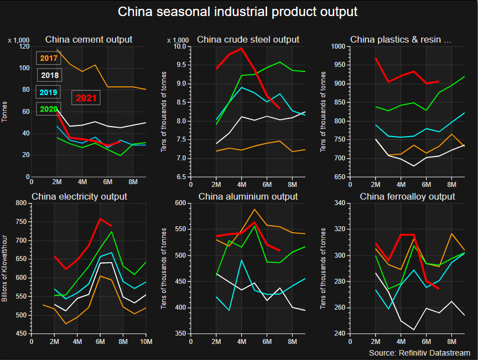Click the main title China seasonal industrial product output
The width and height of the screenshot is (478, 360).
(238, 12)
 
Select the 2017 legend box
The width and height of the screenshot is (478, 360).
(49, 58)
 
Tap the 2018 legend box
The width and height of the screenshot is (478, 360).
(49, 75)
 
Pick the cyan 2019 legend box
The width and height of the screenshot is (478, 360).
(49, 92)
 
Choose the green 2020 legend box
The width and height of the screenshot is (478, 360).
(49, 109)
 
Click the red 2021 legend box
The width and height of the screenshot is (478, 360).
(86, 98)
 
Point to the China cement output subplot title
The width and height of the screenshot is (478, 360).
(89, 39)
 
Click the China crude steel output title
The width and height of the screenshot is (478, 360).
(248, 39)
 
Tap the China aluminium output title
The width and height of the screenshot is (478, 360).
(248, 196)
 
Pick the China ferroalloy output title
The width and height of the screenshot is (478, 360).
(407, 196)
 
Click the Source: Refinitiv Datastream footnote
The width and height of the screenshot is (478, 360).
(419, 353)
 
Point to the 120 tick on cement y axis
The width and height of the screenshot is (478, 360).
(23, 46)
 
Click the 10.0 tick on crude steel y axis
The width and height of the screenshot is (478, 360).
(181, 46)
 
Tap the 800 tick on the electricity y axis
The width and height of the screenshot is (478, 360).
(21, 203)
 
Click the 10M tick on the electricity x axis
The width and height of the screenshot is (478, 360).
(145, 342)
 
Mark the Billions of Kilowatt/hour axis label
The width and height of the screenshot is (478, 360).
(5, 268)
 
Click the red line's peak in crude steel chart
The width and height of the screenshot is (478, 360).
(241, 48)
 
